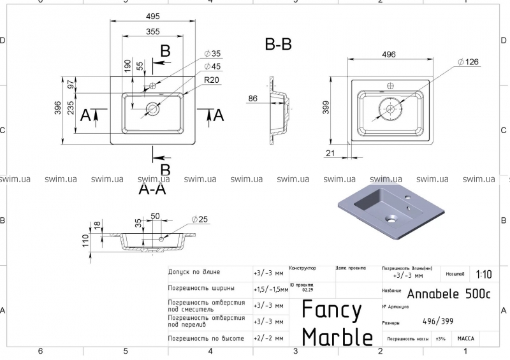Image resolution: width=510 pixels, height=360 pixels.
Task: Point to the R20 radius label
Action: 212,81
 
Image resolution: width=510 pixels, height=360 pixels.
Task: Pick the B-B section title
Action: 278,45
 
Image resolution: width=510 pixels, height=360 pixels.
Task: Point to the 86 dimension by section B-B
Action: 253,99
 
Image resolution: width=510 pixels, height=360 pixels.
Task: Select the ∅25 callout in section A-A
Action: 199,220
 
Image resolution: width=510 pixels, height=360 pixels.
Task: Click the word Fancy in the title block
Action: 331,310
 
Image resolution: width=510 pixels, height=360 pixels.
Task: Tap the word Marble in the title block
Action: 337,336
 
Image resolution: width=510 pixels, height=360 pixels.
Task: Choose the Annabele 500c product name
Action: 448,294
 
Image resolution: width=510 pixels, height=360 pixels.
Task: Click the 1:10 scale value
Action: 483,275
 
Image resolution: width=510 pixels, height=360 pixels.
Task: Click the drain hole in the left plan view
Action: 152,108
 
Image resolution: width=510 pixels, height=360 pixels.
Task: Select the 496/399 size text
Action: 437,322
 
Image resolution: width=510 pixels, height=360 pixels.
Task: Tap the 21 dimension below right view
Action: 330,153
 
